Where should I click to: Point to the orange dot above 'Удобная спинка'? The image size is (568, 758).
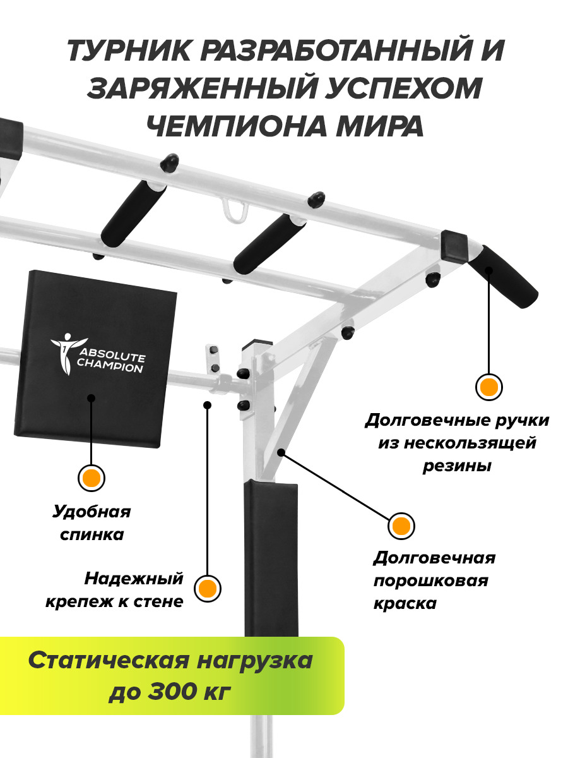[x=92, y=478]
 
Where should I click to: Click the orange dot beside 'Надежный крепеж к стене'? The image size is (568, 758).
[x=207, y=588]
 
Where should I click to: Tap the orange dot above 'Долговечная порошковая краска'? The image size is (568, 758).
[x=401, y=526]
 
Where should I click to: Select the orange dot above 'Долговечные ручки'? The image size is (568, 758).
[x=489, y=387]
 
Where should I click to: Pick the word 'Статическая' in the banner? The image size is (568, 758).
[x=109, y=660]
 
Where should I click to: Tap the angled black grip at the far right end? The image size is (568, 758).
[x=504, y=276]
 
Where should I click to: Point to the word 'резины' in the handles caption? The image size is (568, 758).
[x=457, y=466]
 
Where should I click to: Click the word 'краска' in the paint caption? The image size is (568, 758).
[x=405, y=603]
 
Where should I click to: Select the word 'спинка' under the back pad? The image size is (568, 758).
[x=92, y=534]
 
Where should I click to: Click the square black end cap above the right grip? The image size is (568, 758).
[x=454, y=246]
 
